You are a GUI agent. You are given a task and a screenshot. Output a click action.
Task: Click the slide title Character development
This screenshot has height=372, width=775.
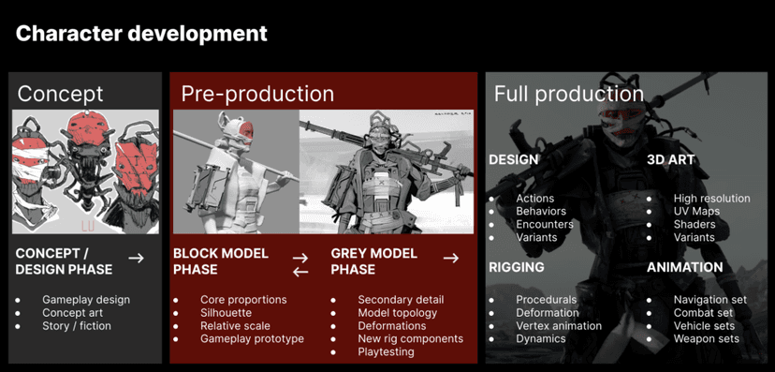tap(141, 34)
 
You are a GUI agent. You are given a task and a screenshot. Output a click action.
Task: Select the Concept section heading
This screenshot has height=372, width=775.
tap(60, 94)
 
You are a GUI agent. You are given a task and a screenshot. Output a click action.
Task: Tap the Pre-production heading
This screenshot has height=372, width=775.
tap(257, 94)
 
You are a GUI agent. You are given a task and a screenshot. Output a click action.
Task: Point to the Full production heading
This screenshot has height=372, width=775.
tap(568, 94)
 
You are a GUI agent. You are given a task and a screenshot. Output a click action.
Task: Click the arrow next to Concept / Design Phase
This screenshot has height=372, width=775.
tap(136, 258)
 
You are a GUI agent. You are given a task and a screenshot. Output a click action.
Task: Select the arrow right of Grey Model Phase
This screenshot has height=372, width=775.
tap(450, 258)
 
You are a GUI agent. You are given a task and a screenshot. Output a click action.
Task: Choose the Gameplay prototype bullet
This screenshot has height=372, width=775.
tap(252, 338)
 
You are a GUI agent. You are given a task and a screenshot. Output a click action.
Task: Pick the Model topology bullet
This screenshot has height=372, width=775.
tap(397, 313)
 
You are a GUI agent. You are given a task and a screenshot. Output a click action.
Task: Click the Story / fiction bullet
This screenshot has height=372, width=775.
tap(76, 326)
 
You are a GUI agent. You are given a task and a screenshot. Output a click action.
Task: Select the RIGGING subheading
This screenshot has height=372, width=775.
tap(517, 267)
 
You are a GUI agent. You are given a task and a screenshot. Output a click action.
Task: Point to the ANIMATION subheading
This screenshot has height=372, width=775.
tap(684, 267)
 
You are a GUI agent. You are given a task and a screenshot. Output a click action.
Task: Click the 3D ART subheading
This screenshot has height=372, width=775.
tap(671, 159)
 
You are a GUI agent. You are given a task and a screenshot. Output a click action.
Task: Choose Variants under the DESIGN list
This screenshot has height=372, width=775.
tap(536, 237)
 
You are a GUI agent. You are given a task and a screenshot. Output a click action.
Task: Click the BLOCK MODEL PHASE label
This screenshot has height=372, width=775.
tap(221, 261)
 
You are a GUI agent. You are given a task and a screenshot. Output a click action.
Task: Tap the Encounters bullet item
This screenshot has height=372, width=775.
tap(545, 225)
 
